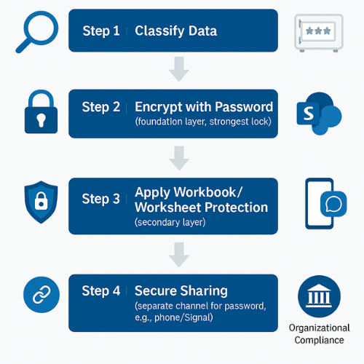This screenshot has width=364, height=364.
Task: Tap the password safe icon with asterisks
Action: pos(317,33)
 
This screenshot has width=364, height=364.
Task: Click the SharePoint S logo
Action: pos(317,113)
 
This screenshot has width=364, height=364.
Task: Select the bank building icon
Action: pos(319,299)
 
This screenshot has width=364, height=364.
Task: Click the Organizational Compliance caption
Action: pos(319,334)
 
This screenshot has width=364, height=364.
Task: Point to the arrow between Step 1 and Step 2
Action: pos(179,69)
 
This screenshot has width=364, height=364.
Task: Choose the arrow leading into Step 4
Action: pos(179,255)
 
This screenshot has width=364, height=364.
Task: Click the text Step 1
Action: pos(100,31)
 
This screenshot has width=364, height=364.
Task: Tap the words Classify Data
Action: pos(175,31)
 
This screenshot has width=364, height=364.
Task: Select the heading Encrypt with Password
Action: pos(204,106)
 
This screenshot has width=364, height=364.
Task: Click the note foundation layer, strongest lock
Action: pos(203,122)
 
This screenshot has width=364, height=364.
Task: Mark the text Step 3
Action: pos(100,199)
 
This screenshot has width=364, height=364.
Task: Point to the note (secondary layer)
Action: pos(170,223)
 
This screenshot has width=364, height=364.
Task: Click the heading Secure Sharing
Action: pos(181,290)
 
